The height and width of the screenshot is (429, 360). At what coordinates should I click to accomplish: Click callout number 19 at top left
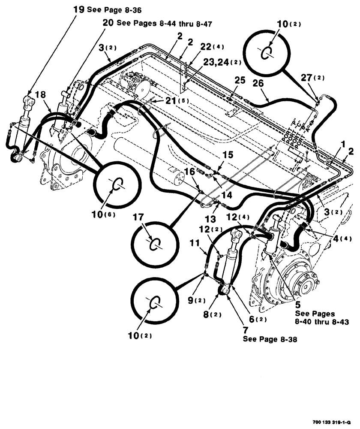coord(79,9)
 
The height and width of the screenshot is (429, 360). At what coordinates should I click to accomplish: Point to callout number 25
coord(240,80)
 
